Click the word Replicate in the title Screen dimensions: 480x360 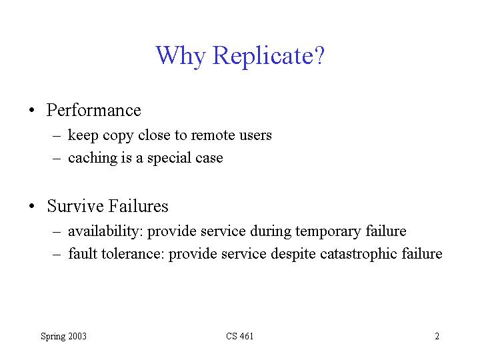263,56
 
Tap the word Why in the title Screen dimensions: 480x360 180,56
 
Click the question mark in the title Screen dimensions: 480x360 319,55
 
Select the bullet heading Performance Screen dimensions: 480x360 94,110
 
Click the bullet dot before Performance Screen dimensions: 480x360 32,110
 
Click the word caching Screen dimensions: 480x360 92,158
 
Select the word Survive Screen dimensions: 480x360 75,206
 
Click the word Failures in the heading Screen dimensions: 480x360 139,206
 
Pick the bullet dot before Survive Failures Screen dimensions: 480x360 32,206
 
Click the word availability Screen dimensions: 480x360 105,231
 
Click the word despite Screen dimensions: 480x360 293,255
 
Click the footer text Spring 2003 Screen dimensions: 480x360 64,337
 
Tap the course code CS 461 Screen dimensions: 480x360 240,336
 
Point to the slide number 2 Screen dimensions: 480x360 437,336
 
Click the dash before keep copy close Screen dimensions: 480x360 57,135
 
